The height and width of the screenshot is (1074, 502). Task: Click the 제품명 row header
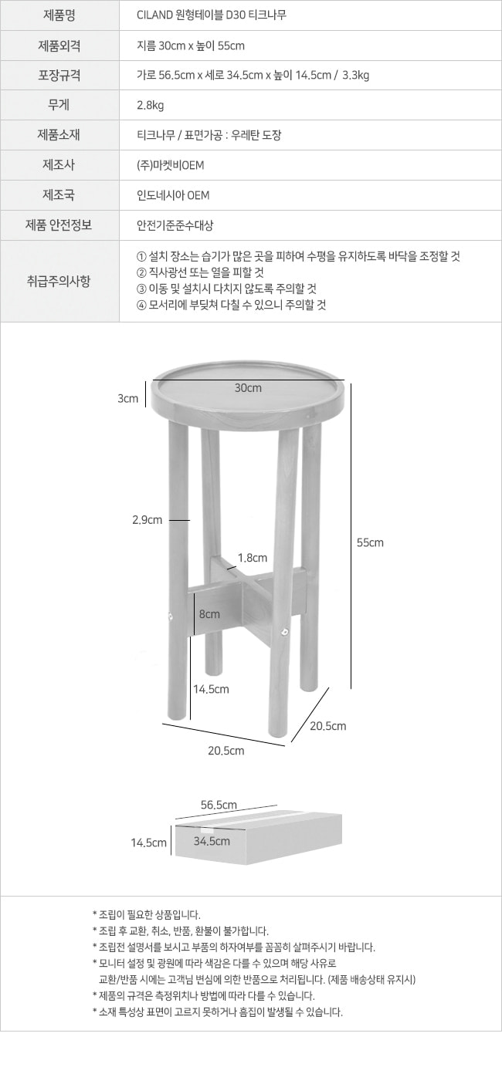coord(59,15)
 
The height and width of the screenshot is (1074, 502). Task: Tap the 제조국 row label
coord(59,195)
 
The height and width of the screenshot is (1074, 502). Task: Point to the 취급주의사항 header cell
coord(59,281)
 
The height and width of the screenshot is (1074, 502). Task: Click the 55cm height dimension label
coord(370,542)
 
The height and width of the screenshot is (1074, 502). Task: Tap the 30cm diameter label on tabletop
coord(248,388)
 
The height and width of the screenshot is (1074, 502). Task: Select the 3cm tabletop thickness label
coord(128,398)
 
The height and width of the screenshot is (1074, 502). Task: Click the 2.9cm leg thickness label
coord(148,520)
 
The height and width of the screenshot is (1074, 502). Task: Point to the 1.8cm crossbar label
coord(253,558)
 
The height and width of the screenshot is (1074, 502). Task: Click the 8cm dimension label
coord(210,614)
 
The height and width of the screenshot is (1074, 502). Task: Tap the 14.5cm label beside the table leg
coord(211,689)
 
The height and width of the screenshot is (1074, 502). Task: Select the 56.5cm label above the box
coord(219,805)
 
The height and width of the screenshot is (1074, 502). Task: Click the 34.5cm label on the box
coord(212,841)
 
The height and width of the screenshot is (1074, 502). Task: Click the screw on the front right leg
coord(286,631)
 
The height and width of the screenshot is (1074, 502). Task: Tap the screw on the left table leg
coord(171,616)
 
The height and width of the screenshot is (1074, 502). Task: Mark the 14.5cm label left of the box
coord(149,843)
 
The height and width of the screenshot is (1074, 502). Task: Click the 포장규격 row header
coord(59,76)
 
